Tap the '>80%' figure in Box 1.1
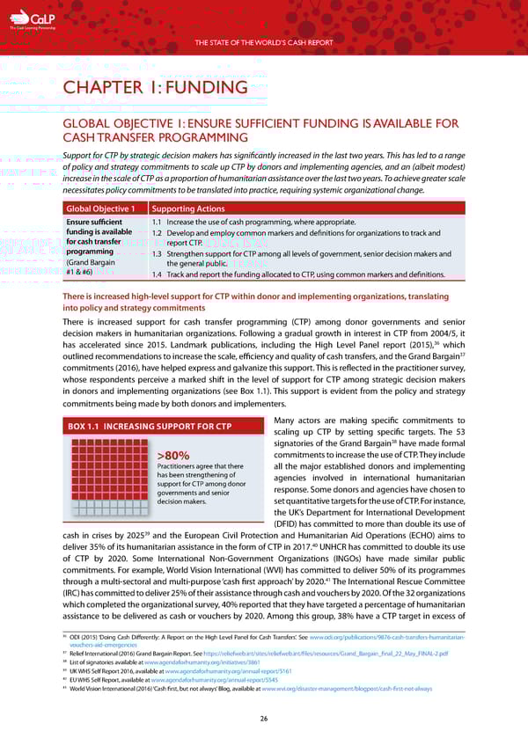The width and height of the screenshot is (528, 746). point(173,455)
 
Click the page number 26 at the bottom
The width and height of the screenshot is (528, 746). point(264,719)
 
